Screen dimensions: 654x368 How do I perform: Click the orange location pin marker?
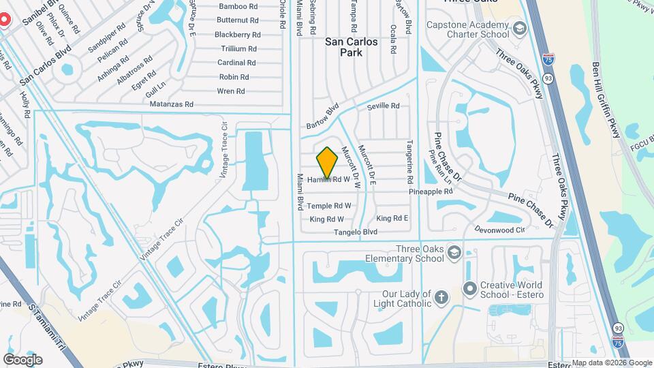click(328, 162)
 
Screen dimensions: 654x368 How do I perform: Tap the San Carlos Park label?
click(351, 47)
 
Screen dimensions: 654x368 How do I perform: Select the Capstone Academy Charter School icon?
click(520, 29)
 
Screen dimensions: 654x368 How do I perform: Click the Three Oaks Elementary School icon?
click(454, 254)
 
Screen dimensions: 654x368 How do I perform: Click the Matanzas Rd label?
click(171, 104)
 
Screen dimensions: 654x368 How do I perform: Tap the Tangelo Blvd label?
click(355, 232)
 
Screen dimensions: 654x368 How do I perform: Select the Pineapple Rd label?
click(431, 192)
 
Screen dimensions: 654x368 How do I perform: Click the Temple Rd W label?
click(329, 205)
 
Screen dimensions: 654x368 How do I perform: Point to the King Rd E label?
click(392, 218)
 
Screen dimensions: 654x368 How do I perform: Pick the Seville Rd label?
click(383, 106)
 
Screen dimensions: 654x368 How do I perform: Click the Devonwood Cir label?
click(500, 230)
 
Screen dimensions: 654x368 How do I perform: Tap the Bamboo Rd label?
click(219, 7)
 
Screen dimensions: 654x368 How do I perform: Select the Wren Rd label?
click(230, 91)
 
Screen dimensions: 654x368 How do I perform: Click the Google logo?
click(22, 359)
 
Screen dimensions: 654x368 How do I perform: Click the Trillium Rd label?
click(238, 48)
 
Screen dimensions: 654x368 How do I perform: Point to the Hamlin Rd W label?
click(333, 180)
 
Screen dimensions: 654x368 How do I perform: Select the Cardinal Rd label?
click(236, 63)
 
